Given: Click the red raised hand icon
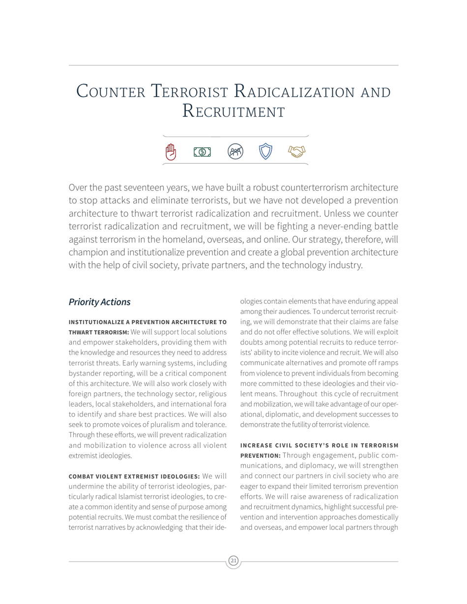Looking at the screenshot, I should coord(171,152).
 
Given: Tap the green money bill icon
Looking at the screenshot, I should coord(202,152).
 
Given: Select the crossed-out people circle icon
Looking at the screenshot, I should coord(235,152).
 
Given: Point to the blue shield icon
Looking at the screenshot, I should coord(265,152).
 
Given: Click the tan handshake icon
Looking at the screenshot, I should coord(296,152).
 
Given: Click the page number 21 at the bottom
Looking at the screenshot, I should coord(233,561).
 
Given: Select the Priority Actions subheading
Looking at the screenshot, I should coord(100,302).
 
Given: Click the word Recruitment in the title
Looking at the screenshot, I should coord(233,111).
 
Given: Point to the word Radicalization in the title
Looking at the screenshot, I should coord(294,92).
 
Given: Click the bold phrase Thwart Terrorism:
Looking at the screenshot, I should coord(98,332).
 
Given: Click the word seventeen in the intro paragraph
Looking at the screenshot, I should coord(145,188).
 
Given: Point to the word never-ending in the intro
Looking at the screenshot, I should coord(351,226).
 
